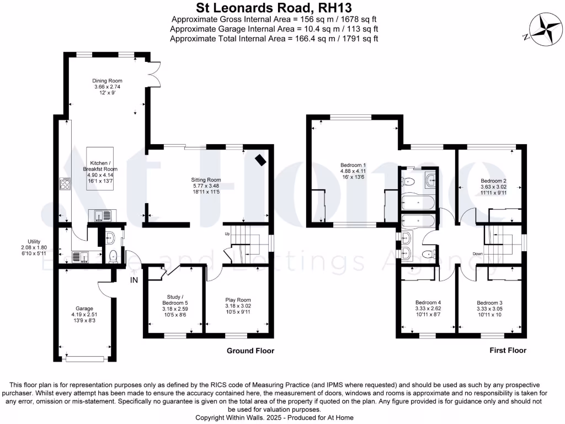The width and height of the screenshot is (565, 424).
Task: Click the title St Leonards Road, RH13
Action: [x=274, y=8]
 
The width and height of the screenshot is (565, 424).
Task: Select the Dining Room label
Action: [x=107, y=81]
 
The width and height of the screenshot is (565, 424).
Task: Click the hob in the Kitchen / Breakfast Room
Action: [x=63, y=183]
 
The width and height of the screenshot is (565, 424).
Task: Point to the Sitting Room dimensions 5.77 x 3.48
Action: [x=205, y=186]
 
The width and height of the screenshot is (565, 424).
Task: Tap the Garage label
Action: [x=84, y=308]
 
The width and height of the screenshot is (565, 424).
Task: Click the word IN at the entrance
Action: [x=134, y=280]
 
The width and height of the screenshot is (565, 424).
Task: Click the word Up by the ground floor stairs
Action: [x=227, y=234]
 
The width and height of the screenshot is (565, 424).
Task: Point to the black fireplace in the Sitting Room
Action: [x=259, y=160]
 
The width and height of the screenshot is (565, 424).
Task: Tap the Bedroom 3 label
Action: [x=489, y=303]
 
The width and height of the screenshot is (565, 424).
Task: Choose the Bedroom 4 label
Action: [x=428, y=303]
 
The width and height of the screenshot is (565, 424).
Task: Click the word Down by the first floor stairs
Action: [x=478, y=254]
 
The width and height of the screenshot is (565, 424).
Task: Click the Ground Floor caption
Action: [x=250, y=351]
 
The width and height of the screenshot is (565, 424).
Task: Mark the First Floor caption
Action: [x=508, y=351]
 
